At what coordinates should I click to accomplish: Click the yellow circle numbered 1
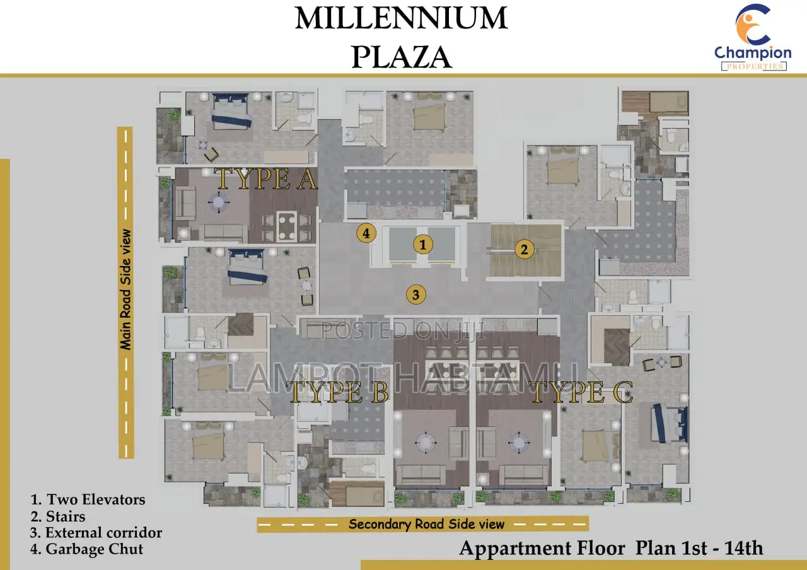click(x=422, y=245)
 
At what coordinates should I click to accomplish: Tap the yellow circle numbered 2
click(x=524, y=249)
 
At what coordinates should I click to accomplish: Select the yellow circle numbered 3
click(x=415, y=294)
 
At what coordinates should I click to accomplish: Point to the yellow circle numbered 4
click(x=366, y=233)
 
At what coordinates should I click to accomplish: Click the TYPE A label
click(x=266, y=178)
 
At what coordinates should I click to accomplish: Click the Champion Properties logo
click(x=753, y=37)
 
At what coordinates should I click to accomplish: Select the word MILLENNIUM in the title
click(x=402, y=18)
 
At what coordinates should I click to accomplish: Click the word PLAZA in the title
click(x=402, y=57)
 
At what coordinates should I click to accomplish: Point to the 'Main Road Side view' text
click(x=125, y=289)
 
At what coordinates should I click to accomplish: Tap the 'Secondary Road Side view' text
click(x=426, y=524)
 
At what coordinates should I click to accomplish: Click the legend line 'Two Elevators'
click(x=88, y=500)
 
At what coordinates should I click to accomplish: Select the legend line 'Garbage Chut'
click(x=87, y=549)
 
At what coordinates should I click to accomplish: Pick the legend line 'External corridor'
click(x=96, y=533)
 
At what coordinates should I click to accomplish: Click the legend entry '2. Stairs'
click(x=58, y=516)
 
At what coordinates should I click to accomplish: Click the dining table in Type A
click(x=287, y=226)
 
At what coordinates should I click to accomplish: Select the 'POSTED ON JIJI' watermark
click(x=403, y=330)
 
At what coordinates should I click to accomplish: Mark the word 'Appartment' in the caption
click(x=542, y=549)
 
